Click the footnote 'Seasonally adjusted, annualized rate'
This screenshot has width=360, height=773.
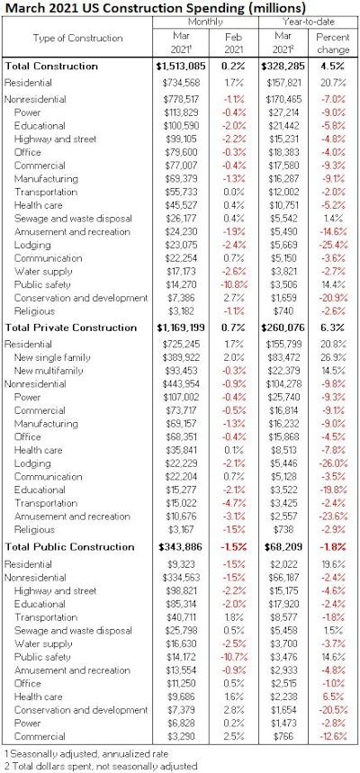pos(86,752)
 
